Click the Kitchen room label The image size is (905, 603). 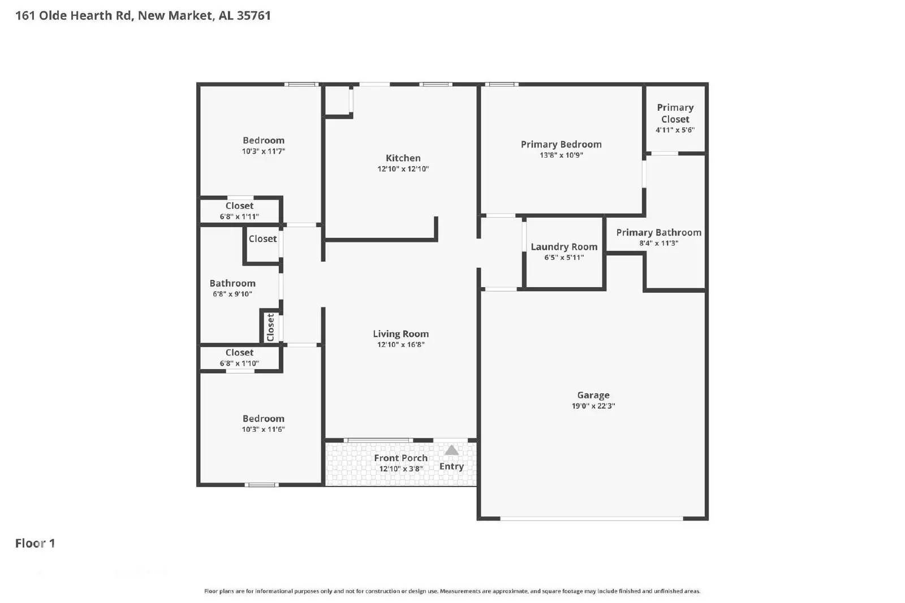[403, 158]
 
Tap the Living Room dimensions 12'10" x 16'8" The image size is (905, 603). [400, 345]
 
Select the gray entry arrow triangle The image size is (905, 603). [451, 450]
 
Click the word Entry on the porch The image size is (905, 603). [451, 466]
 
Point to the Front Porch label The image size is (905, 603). [400, 458]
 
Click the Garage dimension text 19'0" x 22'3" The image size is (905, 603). [593, 406]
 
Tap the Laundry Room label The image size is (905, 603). [563, 247]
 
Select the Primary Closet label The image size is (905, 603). [675, 113]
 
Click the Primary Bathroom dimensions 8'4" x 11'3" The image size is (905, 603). [658, 244]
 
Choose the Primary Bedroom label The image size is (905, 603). [561, 145]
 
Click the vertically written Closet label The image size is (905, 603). [270, 327]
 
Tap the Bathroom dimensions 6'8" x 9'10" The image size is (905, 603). [232, 294]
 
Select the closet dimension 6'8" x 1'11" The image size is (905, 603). [239, 216]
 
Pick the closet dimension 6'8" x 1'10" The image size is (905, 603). [239, 363]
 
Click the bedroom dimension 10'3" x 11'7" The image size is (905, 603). [263, 151]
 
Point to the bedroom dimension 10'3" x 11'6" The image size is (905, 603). [263, 430]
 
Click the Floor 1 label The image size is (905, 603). [35, 543]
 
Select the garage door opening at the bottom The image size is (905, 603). [591, 518]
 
